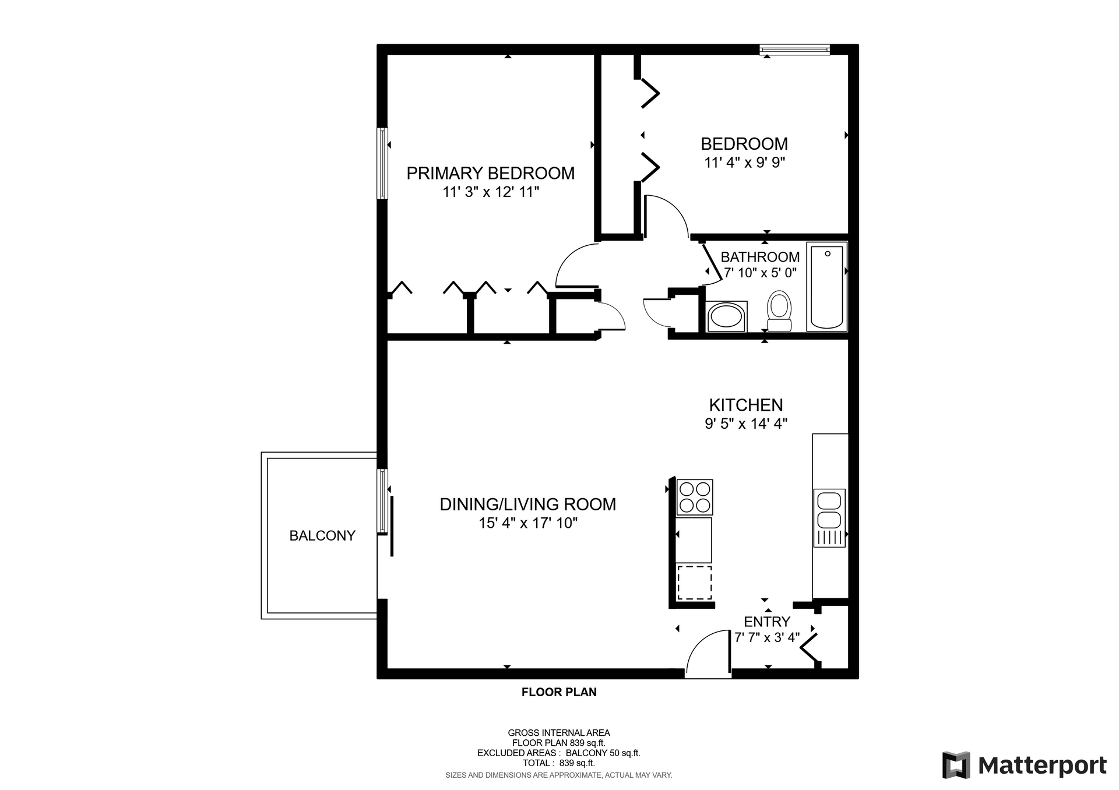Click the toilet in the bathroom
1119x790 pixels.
click(779, 312)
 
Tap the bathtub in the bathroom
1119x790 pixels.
click(826, 287)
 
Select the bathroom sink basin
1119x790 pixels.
click(726, 317)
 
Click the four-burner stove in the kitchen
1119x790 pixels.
click(694, 498)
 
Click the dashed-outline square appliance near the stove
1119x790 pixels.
click(694, 582)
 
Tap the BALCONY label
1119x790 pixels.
click(322, 535)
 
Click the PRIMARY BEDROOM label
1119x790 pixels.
click(491, 173)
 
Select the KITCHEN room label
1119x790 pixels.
click(746, 405)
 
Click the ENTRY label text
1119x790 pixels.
click(767, 622)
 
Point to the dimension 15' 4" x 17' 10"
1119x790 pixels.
click(528, 523)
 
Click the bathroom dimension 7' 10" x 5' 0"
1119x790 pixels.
click(760, 273)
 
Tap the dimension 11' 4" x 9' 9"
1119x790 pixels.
click(745, 163)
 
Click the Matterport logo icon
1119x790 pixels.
click(956, 765)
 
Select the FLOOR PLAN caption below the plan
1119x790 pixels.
click(559, 692)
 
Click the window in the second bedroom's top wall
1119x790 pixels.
click(795, 50)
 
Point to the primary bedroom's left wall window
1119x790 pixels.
click(383, 164)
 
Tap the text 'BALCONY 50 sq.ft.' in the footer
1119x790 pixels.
click(603, 753)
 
